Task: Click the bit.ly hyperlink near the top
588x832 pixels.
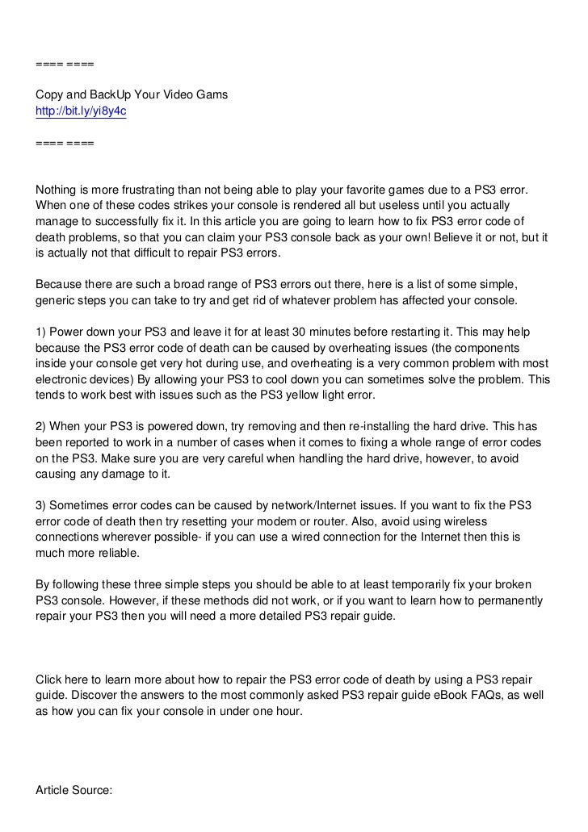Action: [81, 112]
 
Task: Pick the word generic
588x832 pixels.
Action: [59, 300]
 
